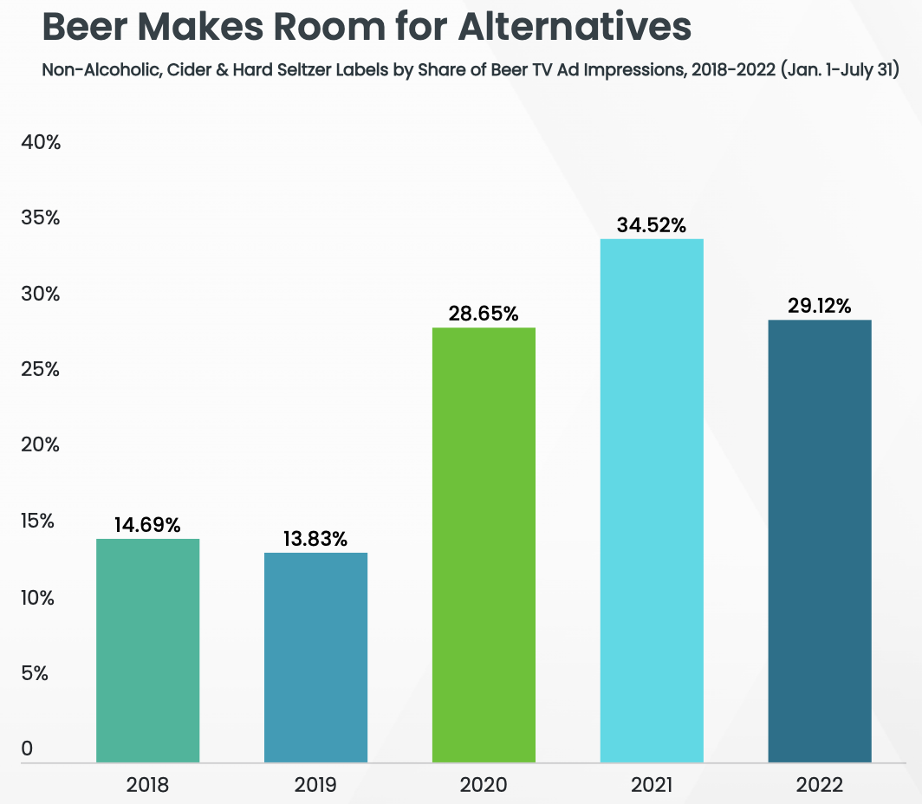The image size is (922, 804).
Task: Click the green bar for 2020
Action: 484,545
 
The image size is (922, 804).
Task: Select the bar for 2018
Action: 147,651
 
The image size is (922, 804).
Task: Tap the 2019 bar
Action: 315,658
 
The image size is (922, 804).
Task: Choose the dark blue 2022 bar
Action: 820,541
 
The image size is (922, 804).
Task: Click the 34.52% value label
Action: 652,225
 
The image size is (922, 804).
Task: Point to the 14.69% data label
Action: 147,525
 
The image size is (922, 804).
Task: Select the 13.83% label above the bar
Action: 315,539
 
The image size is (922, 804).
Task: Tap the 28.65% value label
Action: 484,314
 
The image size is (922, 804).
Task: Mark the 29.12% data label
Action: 820,306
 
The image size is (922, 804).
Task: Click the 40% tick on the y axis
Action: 40,142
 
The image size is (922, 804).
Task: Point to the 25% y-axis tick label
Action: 40,370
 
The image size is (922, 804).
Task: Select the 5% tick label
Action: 35,673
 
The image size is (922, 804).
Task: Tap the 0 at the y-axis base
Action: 27,749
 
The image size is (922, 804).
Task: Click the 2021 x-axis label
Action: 652,786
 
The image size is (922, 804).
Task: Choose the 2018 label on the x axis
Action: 147,786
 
